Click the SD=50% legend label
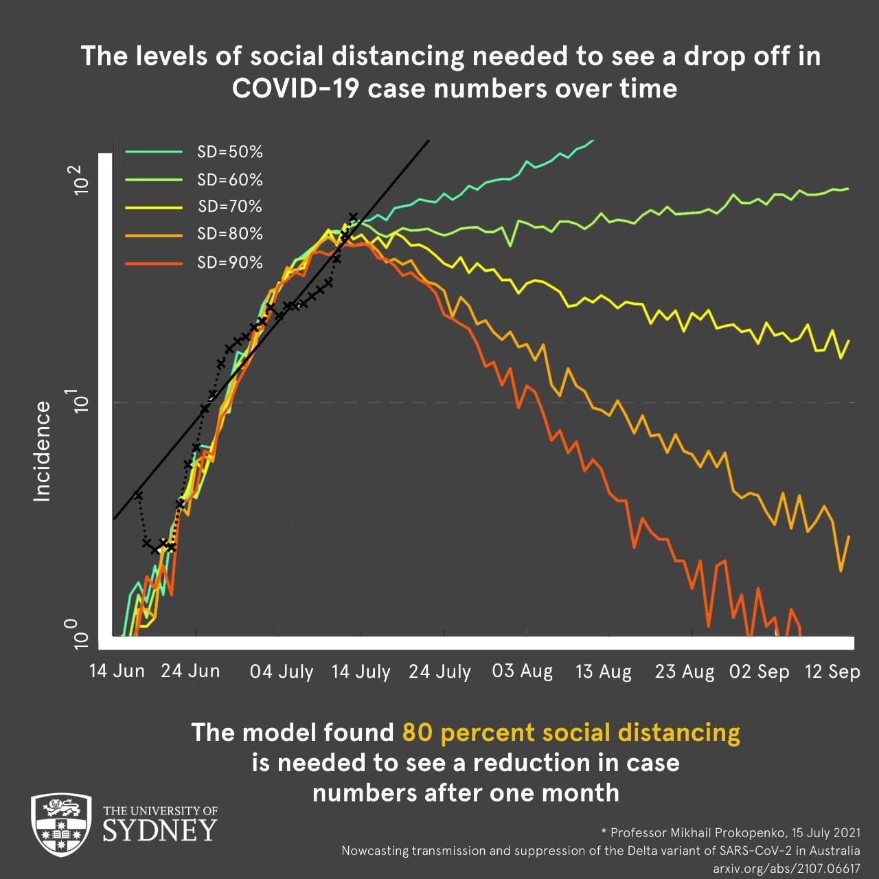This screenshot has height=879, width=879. coord(229,152)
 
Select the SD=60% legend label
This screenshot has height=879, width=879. coord(229,180)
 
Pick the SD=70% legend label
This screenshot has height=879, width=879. coord(229,207)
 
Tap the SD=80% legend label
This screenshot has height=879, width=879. coord(229,234)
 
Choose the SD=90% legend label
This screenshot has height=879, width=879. coord(229,262)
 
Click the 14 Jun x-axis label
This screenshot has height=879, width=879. coord(117,671)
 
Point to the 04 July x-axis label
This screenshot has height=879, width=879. coord(282,672)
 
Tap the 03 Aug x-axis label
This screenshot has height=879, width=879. coord(523,671)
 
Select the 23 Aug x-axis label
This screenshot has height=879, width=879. coord(685,672)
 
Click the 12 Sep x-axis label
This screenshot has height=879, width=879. coord(832,672)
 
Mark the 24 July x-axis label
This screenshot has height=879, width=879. coord(440,672)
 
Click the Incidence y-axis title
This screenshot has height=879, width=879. coord(43,451)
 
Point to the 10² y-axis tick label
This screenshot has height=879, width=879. coord(81,179)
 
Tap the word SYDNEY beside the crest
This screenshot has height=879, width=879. coord(160,831)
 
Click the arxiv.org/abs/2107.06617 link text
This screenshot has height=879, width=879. coord(786,869)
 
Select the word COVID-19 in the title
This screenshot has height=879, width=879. coord(295,89)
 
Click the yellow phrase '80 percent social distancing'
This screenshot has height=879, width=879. coord(571,733)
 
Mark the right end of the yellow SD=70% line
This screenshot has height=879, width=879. coord(849,341)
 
